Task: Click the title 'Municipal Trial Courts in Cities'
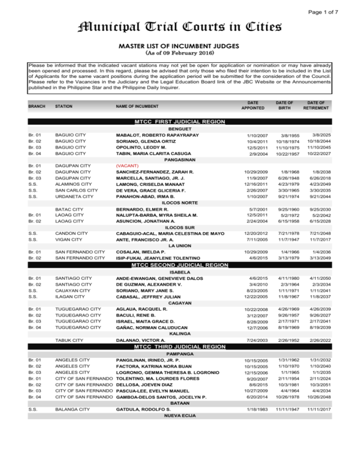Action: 180,28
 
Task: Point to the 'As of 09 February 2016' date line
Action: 180,55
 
